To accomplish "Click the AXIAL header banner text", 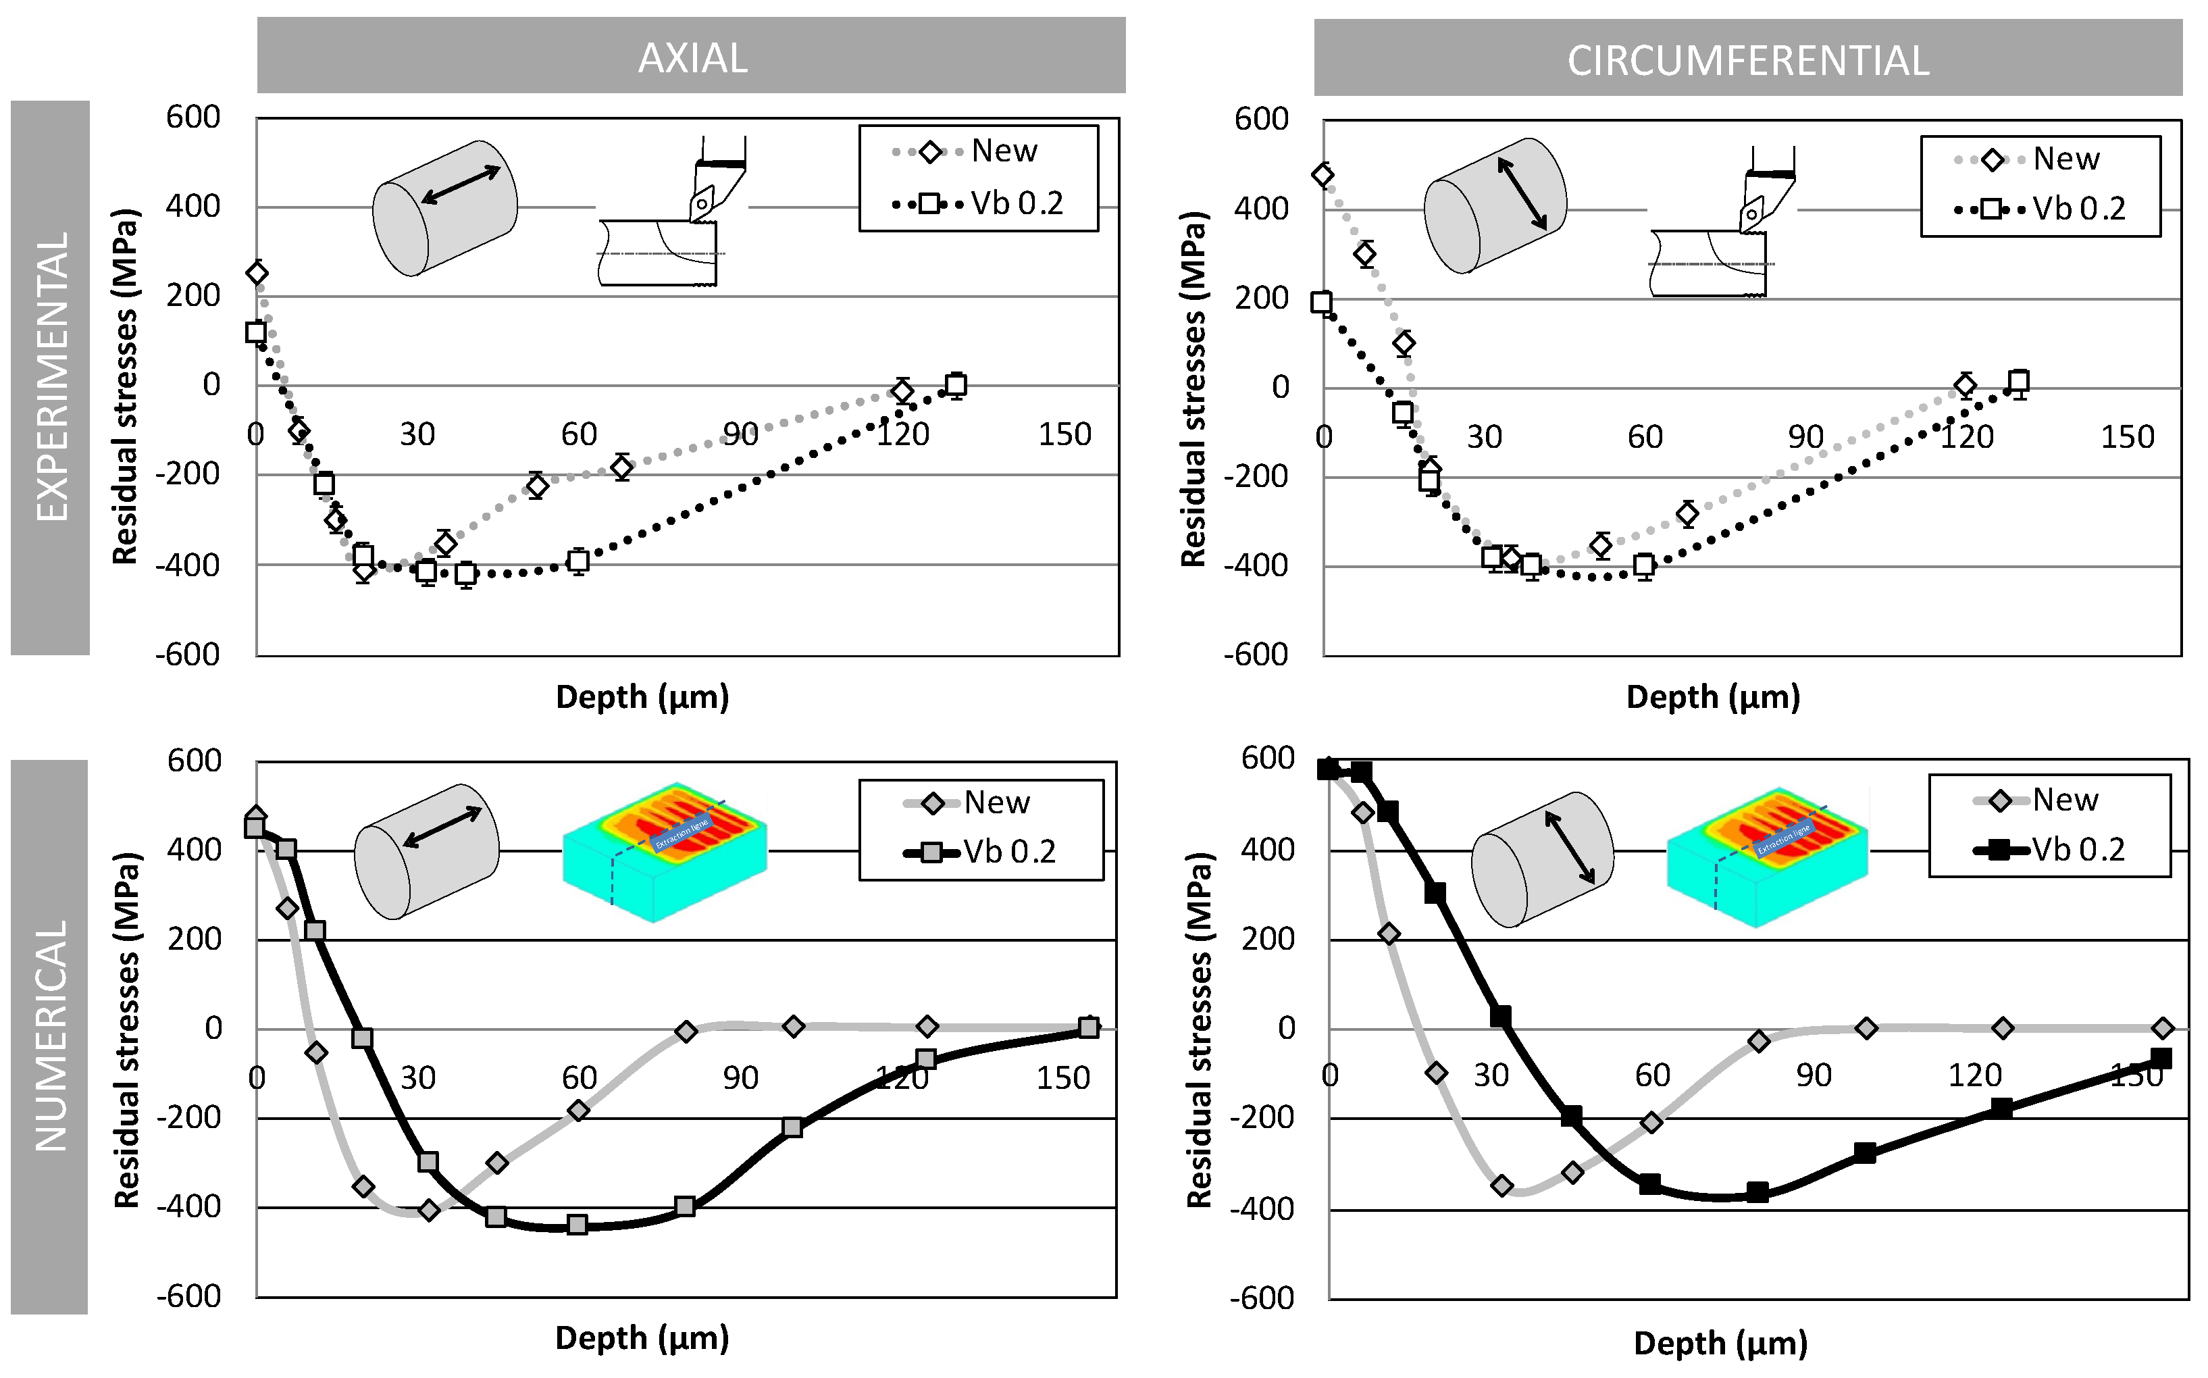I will [692, 58].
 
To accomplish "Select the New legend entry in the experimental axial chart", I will [966, 151].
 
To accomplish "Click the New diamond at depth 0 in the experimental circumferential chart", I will [1323, 175].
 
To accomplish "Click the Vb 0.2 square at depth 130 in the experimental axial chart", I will [955, 384].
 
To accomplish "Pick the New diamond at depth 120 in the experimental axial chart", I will [902, 392].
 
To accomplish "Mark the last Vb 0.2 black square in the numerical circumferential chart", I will [2161, 1058].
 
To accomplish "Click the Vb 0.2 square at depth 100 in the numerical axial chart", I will [792, 1127].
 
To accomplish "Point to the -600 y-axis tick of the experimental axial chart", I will [188, 655].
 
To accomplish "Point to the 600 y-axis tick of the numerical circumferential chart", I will [1268, 759].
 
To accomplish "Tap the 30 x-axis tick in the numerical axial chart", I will [417, 1078].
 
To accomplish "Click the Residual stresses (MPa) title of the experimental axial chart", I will [125, 386].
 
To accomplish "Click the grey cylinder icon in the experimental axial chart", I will [444, 208].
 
